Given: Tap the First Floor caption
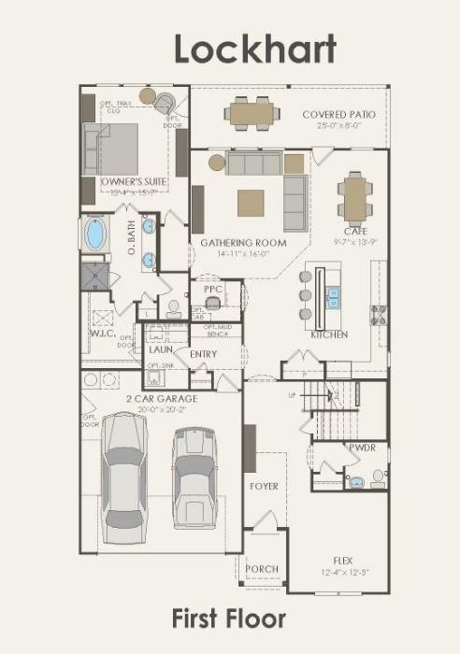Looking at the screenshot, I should click(229, 618).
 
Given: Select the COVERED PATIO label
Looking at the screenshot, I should click(338, 115).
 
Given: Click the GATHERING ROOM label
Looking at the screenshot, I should click(243, 243).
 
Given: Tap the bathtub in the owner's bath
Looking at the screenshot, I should click(96, 234).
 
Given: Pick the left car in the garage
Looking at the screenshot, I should click(124, 476).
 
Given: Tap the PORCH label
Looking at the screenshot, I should click(261, 568).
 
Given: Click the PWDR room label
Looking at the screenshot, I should click(362, 448).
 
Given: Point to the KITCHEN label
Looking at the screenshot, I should click(329, 334).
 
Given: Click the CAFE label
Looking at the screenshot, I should click(355, 231).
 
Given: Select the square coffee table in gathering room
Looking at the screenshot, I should click(251, 203).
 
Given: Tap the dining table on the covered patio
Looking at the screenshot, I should click(251, 115).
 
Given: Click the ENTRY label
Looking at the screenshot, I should click(203, 354).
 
